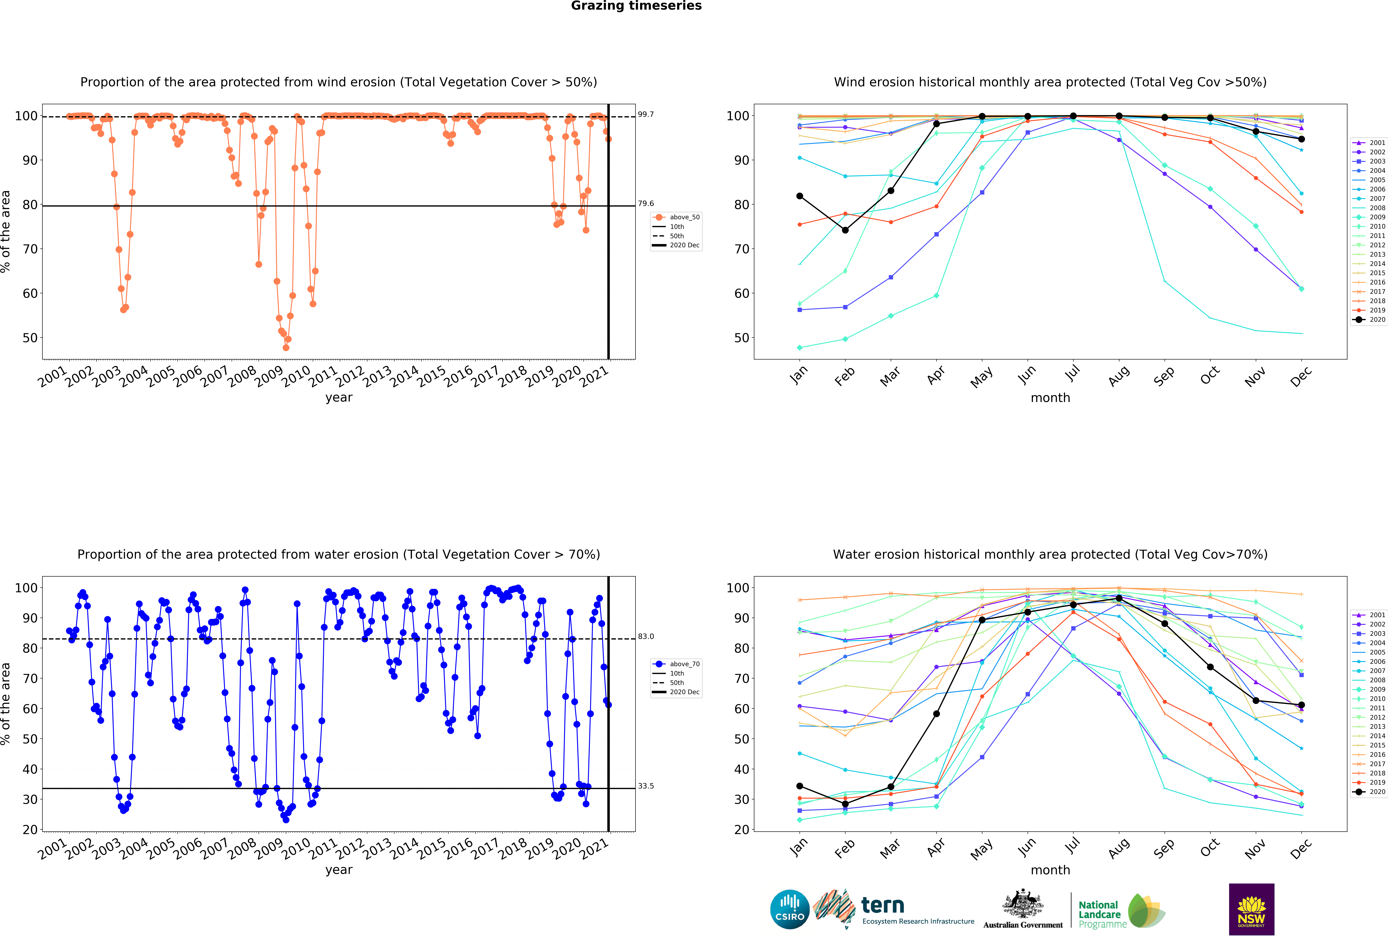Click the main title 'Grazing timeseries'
click(x=636, y=6)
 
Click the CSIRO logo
click(x=790, y=910)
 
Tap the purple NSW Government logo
click(x=1251, y=909)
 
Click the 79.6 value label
click(x=646, y=204)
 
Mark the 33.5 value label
click(x=646, y=786)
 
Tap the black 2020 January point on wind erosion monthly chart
click(x=800, y=196)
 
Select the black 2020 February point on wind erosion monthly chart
click(x=845, y=231)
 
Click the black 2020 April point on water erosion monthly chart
click(x=936, y=714)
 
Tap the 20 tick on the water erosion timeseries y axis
click(x=30, y=829)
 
